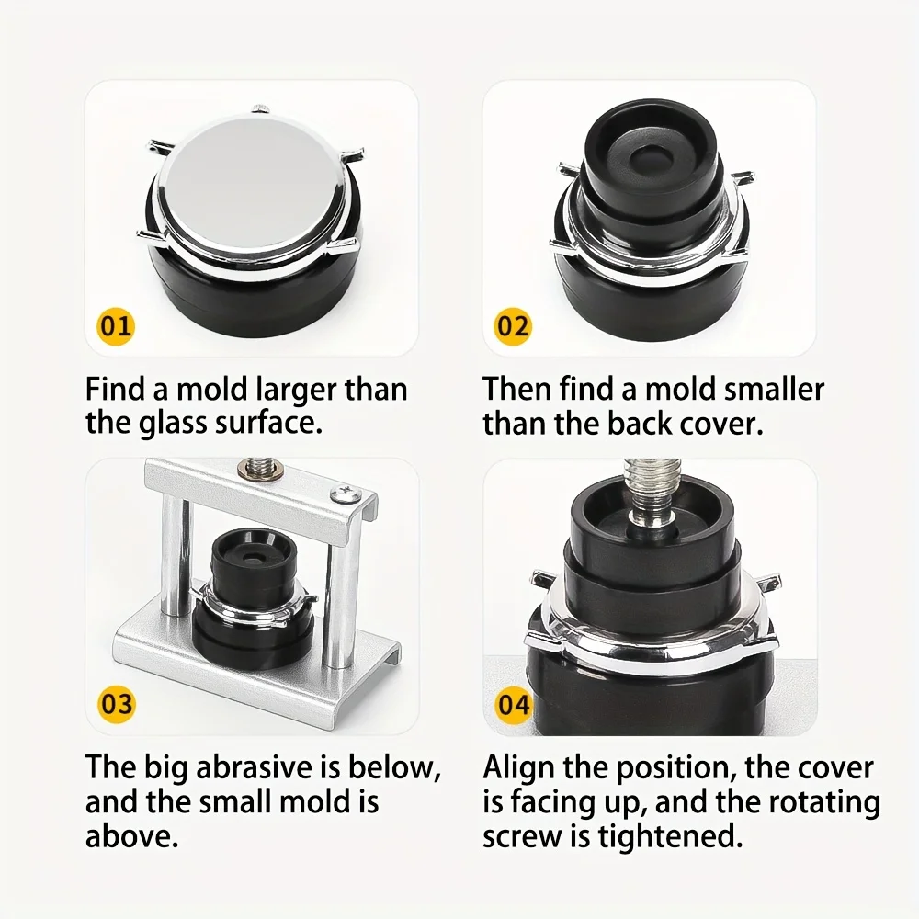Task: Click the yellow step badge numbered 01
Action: coord(116,325)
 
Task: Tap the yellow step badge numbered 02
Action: coord(513,325)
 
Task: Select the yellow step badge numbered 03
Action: coord(116,703)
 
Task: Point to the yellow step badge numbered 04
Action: coord(513,703)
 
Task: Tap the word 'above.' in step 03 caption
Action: coord(131,835)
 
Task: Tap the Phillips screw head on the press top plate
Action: coord(342,493)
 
